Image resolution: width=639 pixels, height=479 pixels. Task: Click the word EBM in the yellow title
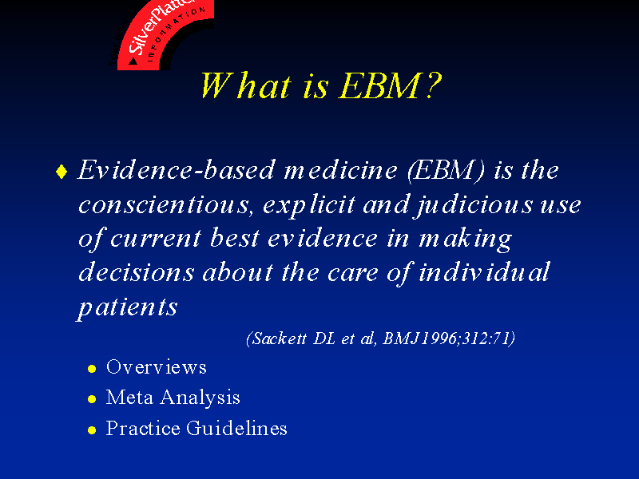pos(379,85)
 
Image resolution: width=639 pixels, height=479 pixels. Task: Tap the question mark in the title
pos(433,85)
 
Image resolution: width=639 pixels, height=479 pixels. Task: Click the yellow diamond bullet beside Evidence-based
pos(62,171)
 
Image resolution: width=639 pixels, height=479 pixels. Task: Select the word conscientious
pos(164,204)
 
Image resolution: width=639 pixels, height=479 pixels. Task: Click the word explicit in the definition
pos(309,206)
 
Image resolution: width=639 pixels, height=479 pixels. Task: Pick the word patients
pos(128,308)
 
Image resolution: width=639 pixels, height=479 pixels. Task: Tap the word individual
pos(485,272)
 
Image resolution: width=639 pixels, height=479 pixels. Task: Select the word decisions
pos(137,272)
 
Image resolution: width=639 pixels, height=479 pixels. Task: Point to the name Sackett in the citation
pos(280,338)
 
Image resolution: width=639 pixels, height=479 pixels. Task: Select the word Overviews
pos(157,367)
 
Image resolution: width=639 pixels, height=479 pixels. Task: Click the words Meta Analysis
pos(173,398)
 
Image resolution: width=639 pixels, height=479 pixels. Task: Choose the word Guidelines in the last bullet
pos(236,428)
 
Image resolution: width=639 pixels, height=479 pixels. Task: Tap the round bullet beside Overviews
pos(92,369)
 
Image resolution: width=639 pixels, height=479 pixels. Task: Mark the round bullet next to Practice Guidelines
pos(92,430)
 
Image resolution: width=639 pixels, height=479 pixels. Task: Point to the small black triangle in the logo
pos(133,61)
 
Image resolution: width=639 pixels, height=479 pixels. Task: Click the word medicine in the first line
pos(341,170)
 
